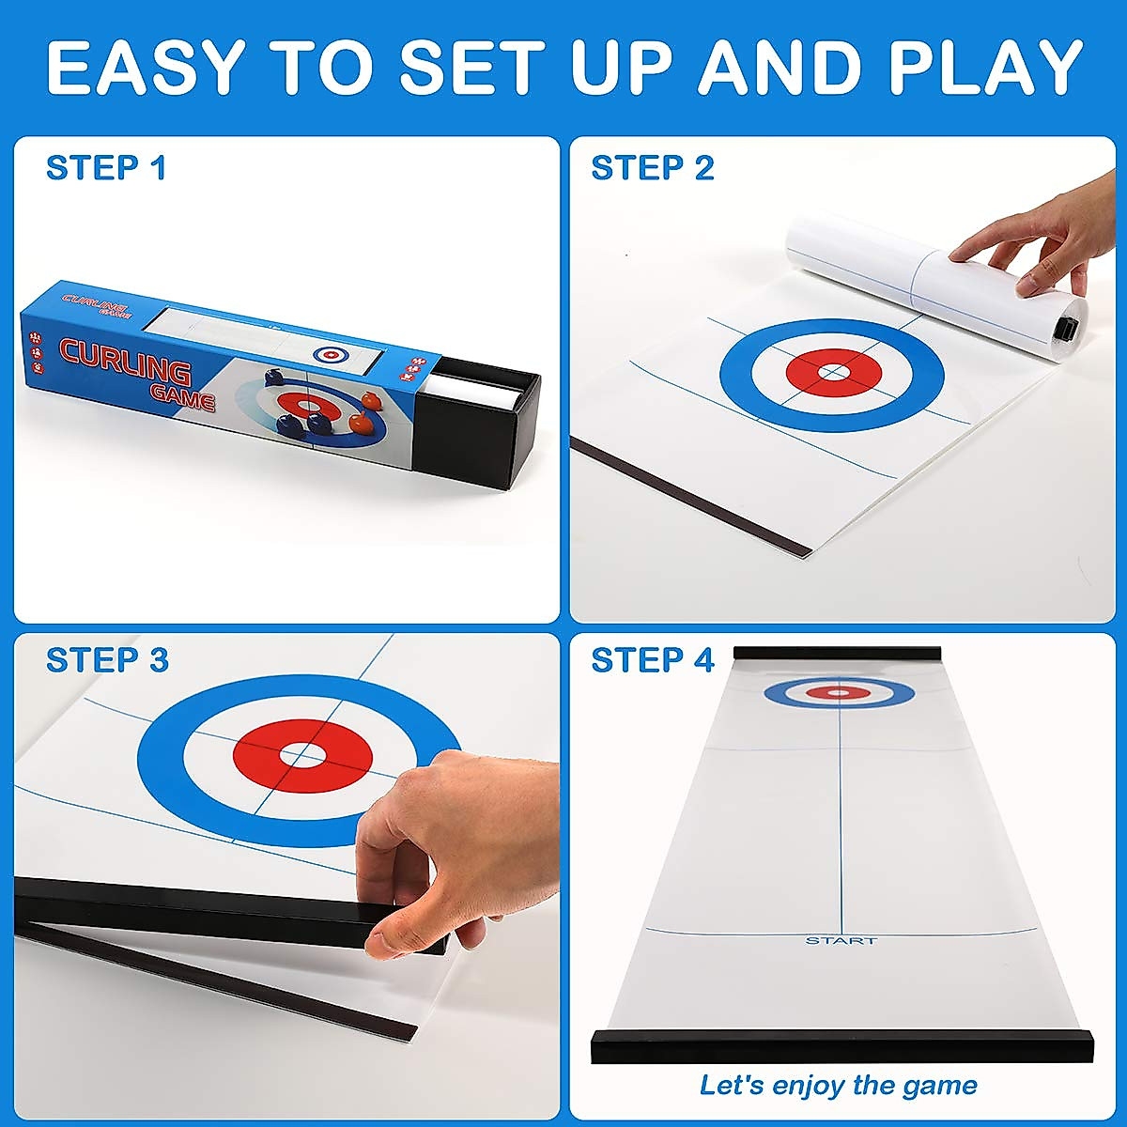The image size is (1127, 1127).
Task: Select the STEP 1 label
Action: pos(106,168)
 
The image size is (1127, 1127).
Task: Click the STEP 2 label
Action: pos(653,168)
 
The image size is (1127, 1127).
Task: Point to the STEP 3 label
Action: pos(107,660)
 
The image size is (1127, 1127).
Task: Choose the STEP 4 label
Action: pos(653,660)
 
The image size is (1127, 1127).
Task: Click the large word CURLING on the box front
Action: pos(125,361)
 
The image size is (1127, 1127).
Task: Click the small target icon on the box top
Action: pos(330,354)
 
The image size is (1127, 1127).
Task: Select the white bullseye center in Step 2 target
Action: pos(832,373)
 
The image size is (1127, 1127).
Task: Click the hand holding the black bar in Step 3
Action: pos(423,845)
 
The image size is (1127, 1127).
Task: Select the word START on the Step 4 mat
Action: pos(841,940)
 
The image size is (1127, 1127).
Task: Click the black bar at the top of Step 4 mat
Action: pos(836,653)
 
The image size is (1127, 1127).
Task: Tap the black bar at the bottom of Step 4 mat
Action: pos(841,1046)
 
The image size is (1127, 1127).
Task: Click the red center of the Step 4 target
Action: pos(839,693)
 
